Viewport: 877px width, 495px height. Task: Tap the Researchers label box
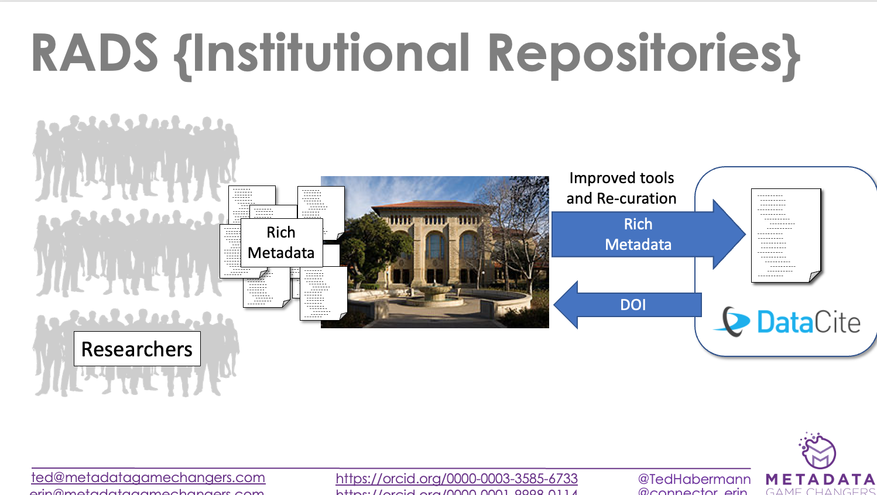click(137, 349)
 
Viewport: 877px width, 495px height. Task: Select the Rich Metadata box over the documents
click(282, 243)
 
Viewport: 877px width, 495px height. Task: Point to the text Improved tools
click(622, 178)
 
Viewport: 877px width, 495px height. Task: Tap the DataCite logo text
click(809, 322)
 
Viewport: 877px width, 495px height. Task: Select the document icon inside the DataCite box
click(786, 235)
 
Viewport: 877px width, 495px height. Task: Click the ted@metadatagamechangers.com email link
click(148, 477)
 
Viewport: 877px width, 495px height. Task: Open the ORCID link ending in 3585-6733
click(457, 479)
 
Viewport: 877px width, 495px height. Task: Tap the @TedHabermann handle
click(694, 479)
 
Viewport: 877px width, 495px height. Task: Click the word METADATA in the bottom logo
click(820, 480)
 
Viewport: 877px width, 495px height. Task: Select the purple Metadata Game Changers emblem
click(818, 450)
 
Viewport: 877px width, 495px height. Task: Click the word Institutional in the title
click(331, 54)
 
